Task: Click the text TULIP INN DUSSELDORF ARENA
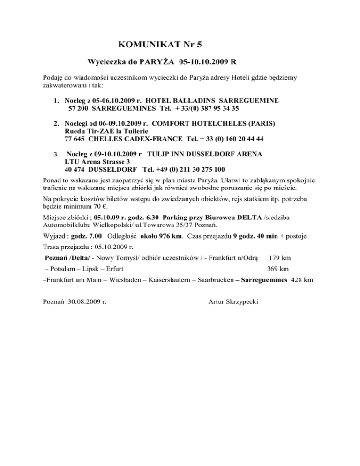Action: click(x=204, y=154)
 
